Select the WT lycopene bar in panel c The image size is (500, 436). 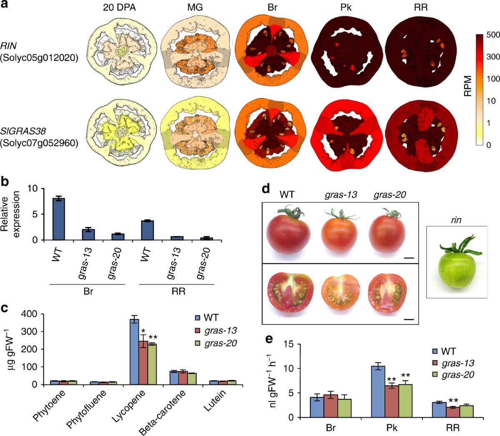(134, 352)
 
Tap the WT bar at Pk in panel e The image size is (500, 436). (378, 392)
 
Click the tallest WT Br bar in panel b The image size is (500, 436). (59, 219)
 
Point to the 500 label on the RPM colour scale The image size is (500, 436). (493, 35)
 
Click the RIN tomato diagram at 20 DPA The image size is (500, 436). (122, 51)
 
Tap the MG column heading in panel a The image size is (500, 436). (192, 7)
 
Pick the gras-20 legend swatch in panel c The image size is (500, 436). (198, 344)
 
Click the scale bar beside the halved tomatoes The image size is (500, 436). (408, 319)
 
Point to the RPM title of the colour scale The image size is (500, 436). (468, 86)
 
